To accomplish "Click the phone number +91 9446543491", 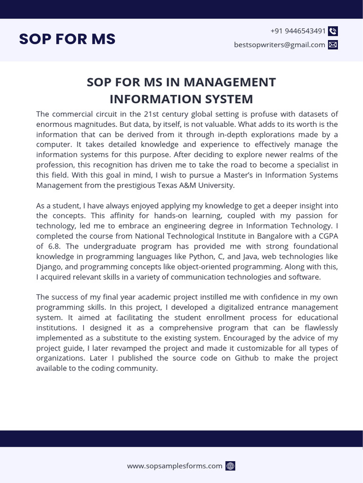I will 298,31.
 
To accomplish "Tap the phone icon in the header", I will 333,32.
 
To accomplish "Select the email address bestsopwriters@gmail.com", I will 279,45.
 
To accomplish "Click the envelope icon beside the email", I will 333,45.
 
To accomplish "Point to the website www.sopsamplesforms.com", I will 174,466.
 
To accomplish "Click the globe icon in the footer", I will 230,466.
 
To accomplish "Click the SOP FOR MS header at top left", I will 67,39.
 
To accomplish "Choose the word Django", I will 48,266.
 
